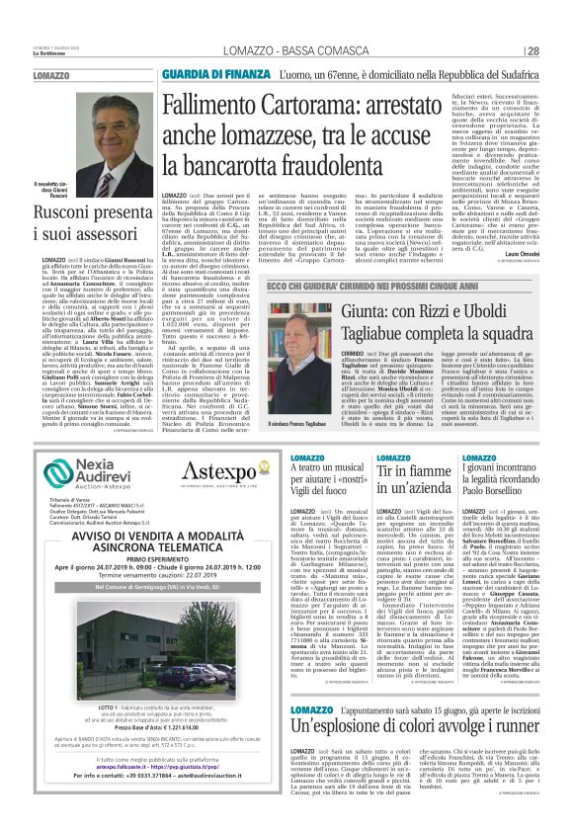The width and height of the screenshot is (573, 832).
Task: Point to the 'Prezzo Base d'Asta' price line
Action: point(158,726)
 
